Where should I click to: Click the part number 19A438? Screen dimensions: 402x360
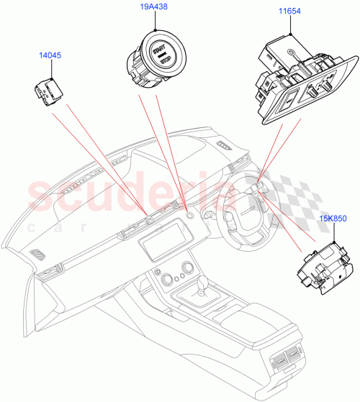(154, 7)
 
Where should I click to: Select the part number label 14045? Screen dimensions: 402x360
(50, 55)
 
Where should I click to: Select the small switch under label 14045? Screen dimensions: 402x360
(47, 91)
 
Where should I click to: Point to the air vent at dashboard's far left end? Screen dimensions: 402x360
(37, 255)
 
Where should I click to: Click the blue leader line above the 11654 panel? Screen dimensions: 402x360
(289, 27)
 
